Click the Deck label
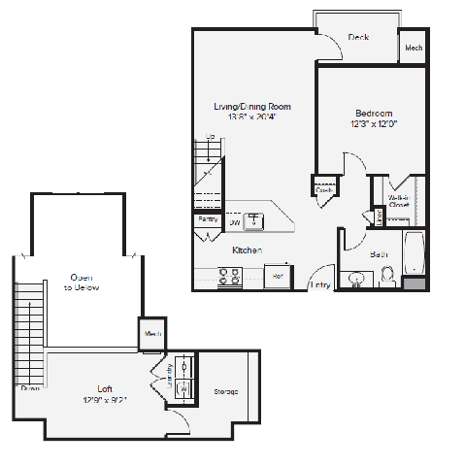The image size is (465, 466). [358, 38]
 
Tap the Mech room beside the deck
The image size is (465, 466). [413, 47]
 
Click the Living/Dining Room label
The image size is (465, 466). [252, 107]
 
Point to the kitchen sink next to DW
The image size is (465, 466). [254, 221]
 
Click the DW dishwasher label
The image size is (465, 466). [235, 223]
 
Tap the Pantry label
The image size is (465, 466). [208, 219]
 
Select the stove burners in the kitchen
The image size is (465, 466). [230, 279]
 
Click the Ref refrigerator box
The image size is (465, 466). [277, 276]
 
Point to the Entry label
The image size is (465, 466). [319, 284]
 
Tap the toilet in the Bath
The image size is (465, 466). [387, 279]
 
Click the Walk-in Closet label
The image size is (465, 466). [399, 201]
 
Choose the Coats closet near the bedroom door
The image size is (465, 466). [324, 189]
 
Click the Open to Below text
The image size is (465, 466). [82, 283]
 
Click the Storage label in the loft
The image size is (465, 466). [226, 391]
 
